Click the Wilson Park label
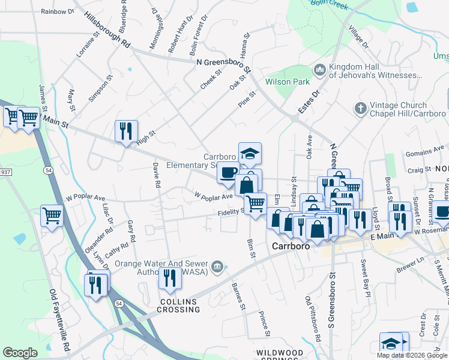click(287, 80)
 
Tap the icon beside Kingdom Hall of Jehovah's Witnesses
click(319, 71)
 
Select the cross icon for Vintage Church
click(360, 109)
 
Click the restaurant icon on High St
click(126, 131)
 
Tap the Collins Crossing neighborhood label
click(178, 305)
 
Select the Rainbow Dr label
click(58, 11)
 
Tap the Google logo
click(20, 352)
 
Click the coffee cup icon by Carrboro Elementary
click(228, 173)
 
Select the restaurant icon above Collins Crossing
click(170, 278)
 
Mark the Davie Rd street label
click(156, 175)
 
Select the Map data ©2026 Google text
click(412, 355)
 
